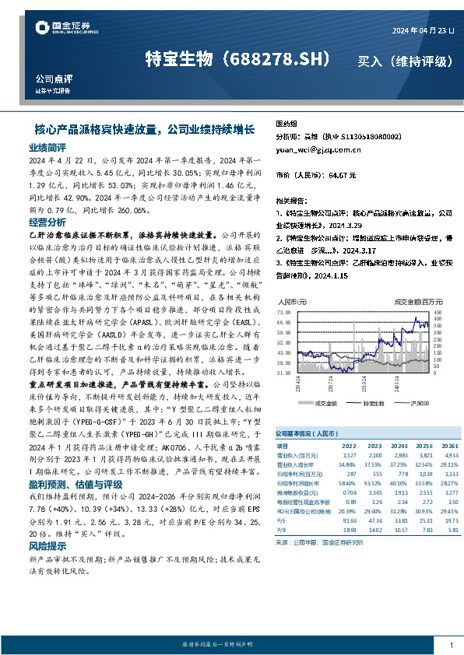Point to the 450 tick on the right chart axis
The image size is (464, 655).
pos(438,310)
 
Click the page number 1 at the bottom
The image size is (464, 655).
pos(451,645)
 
